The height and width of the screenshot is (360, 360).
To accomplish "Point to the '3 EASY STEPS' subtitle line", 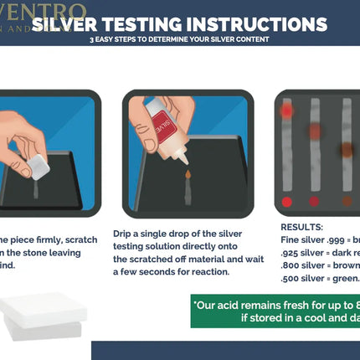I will tap(180, 40).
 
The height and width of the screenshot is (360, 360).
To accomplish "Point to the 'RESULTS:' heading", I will tap(303, 226).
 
